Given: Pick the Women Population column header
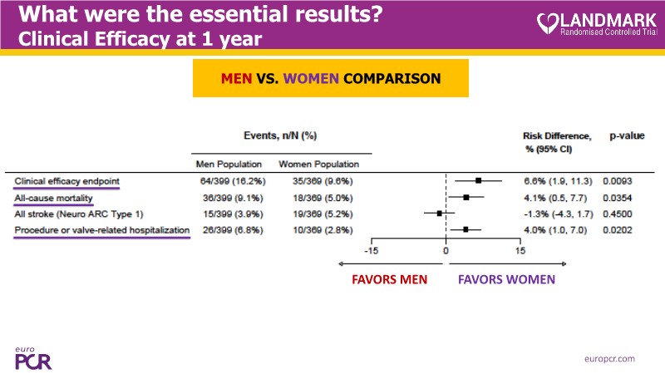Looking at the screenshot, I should (318, 164).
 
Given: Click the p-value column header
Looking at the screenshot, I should (627, 135).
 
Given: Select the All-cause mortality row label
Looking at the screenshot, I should (53, 198).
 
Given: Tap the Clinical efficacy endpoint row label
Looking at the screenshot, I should (66, 180).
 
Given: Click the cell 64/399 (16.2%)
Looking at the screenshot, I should (229, 180).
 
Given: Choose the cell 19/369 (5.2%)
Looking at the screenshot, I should (318, 214).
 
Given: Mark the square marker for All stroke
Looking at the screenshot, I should (439, 214).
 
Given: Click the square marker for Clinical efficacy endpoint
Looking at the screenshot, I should (478, 180).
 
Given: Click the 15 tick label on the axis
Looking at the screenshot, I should (520, 250).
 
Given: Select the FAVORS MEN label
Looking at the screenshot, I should (389, 279).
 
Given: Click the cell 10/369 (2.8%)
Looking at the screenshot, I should (318, 230).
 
